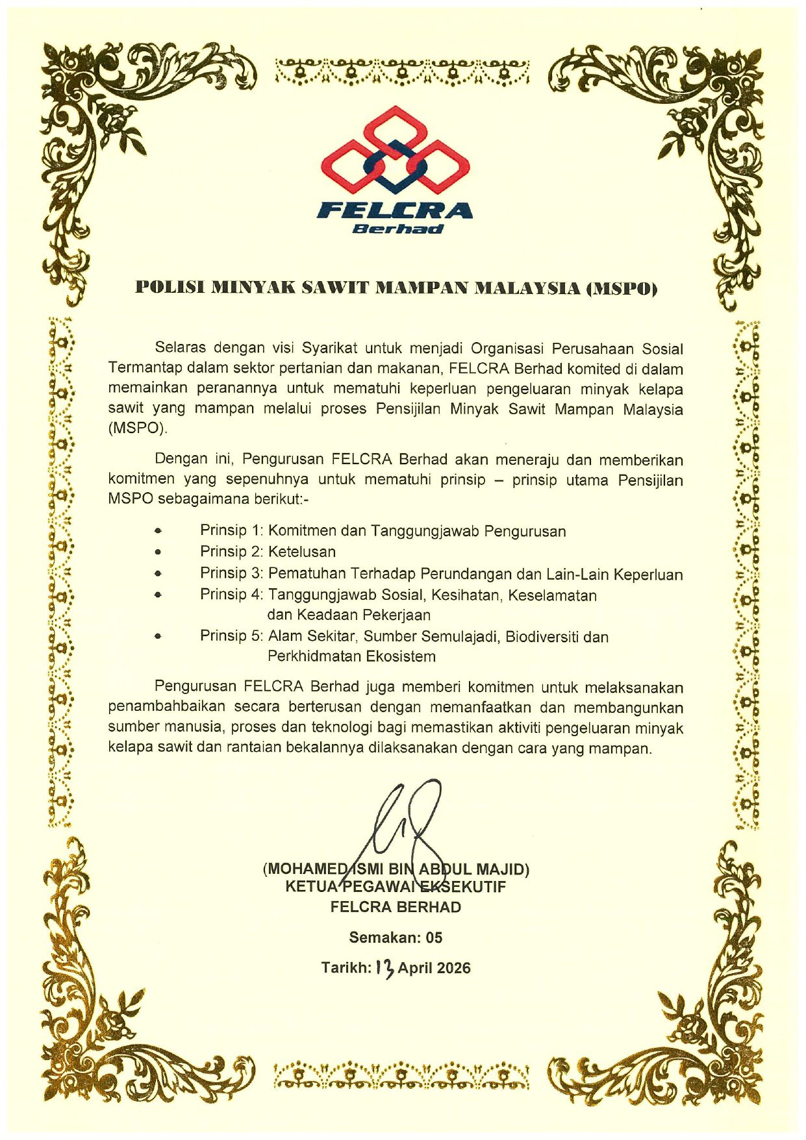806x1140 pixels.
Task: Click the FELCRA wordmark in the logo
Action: point(394,210)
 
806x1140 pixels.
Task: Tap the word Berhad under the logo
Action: point(397,229)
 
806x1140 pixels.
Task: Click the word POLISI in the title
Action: point(169,288)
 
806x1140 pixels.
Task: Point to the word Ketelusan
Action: point(302,552)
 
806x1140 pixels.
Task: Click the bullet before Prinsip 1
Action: point(157,531)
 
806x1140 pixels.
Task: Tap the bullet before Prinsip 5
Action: point(157,636)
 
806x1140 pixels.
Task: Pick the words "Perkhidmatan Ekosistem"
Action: point(351,656)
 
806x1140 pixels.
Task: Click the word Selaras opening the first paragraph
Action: point(180,349)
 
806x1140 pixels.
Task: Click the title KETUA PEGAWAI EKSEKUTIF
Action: point(396,887)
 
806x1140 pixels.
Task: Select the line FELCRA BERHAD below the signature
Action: point(396,907)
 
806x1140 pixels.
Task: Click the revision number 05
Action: point(434,937)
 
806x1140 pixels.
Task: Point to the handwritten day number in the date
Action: point(384,968)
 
